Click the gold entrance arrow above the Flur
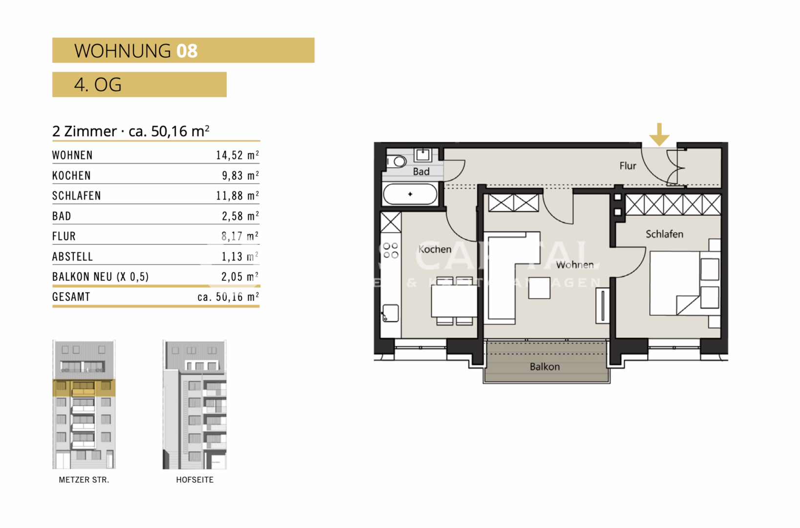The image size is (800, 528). click(x=659, y=134)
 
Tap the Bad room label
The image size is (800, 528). click(x=421, y=172)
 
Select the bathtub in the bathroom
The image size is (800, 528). click(x=410, y=194)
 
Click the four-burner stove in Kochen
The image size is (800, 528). click(x=391, y=250)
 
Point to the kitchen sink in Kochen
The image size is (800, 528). click(x=390, y=313)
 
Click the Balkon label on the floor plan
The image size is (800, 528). click(x=545, y=367)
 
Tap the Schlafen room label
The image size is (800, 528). click(x=664, y=234)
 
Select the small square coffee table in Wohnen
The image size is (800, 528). click(x=539, y=287)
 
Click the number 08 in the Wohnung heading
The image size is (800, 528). click(x=187, y=51)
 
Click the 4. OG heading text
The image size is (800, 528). click(x=98, y=85)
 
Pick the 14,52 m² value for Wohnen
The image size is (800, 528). click(x=237, y=155)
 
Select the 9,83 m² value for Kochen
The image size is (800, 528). click(x=240, y=176)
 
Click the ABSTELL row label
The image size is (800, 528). click(x=72, y=257)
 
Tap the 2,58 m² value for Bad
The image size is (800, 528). click(x=240, y=216)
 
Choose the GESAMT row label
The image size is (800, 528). click(x=71, y=297)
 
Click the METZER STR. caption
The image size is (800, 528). click(x=84, y=480)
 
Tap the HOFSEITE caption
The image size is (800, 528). click(x=194, y=480)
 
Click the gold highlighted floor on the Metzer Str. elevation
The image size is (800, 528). click(x=84, y=387)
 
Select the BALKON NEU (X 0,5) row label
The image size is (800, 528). click(x=100, y=277)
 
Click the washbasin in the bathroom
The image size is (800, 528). click(x=422, y=155)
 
